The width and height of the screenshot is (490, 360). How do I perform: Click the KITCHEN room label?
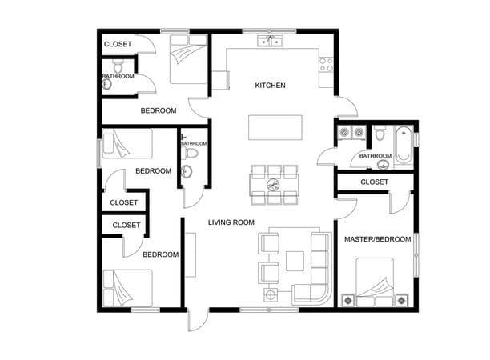coord(270,86)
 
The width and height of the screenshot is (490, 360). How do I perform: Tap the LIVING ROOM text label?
coord(231,222)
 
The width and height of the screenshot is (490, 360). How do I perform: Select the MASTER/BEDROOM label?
coord(377,239)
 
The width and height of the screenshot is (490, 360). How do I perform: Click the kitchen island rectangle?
coord(271,127)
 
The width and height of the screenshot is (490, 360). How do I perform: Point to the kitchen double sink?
coord(271,41)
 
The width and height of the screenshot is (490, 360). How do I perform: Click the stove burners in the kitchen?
coord(326,61)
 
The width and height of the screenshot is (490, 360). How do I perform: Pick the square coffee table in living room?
coord(295,260)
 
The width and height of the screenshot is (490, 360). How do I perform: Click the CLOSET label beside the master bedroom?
coord(374,182)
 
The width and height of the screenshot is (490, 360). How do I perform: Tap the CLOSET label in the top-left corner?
coord(118,43)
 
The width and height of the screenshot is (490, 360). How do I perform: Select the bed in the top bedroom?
coord(188,58)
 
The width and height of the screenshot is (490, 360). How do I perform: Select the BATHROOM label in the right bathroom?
coord(375,155)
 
